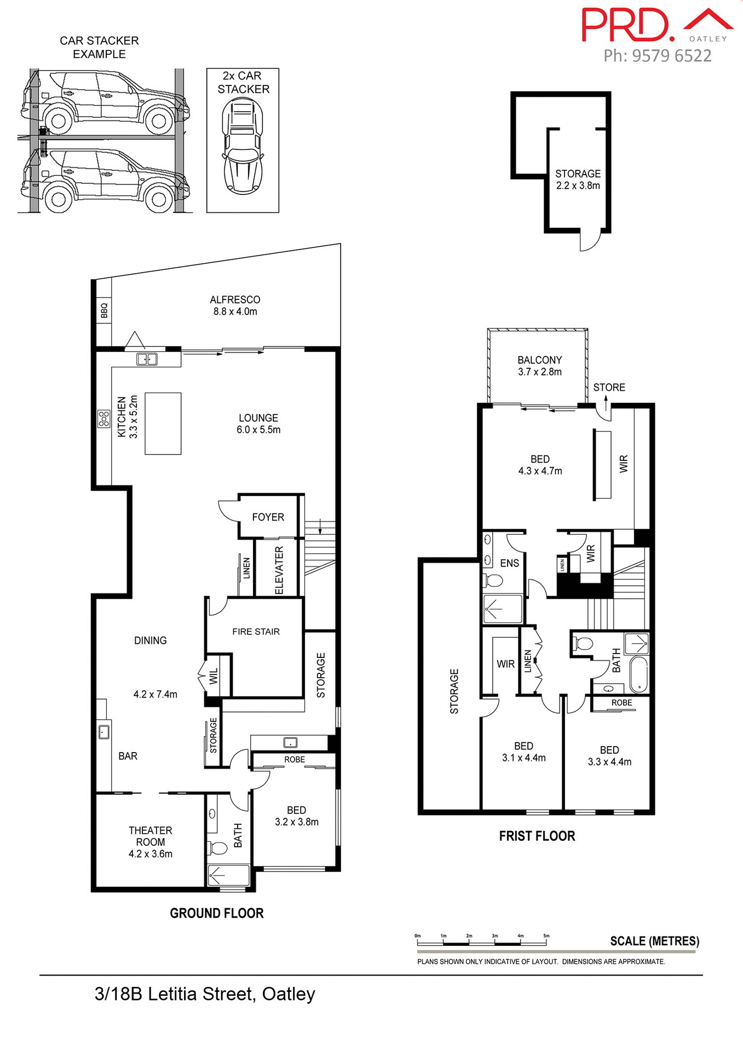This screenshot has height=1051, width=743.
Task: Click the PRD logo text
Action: [627, 25]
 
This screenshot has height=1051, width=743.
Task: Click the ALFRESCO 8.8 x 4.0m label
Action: [235, 305]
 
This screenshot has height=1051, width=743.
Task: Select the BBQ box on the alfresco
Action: [104, 310]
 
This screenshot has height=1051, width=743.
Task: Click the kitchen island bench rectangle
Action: [163, 423]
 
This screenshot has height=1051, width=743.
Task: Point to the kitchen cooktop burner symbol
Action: [103, 419]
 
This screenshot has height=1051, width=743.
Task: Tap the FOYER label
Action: [268, 517]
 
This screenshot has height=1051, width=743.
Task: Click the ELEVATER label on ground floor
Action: [279, 570]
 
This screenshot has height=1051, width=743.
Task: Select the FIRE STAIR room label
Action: [256, 632]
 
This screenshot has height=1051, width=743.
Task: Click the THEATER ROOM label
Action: [150, 842]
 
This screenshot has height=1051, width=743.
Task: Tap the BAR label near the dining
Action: [128, 756]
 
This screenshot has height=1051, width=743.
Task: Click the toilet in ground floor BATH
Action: [218, 848]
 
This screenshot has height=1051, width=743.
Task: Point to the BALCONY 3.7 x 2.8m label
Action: [539, 366]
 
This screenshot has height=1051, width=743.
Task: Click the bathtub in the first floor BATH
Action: [638, 675]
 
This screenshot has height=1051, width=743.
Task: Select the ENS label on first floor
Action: [509, 563]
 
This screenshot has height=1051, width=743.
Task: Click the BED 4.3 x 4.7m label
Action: [540, 465]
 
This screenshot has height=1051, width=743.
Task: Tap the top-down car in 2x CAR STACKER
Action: [242, 145]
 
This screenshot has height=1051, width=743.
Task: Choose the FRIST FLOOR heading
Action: [537, 836]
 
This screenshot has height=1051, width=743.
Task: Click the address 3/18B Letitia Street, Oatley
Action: [205, 994]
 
